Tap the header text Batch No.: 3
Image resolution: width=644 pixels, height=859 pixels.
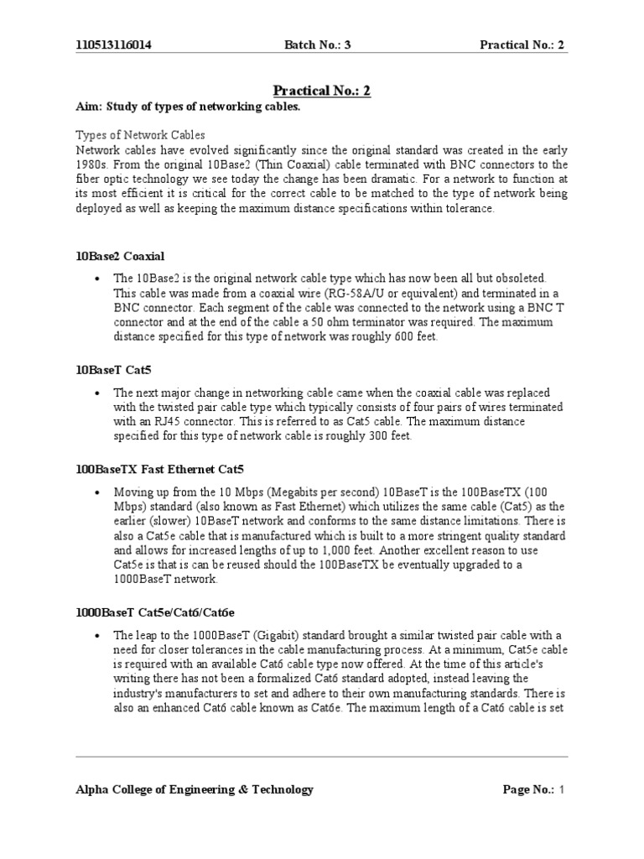318,44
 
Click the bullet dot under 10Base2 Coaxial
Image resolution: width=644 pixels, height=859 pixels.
99,277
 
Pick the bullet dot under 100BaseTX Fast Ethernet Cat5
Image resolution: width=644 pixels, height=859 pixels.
99,492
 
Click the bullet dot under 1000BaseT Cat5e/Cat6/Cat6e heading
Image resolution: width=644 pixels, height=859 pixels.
99,635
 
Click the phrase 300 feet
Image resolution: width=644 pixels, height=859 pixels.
390,437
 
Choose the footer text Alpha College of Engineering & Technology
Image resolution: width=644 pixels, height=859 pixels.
195,789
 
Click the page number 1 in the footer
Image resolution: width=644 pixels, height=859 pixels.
563,789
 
